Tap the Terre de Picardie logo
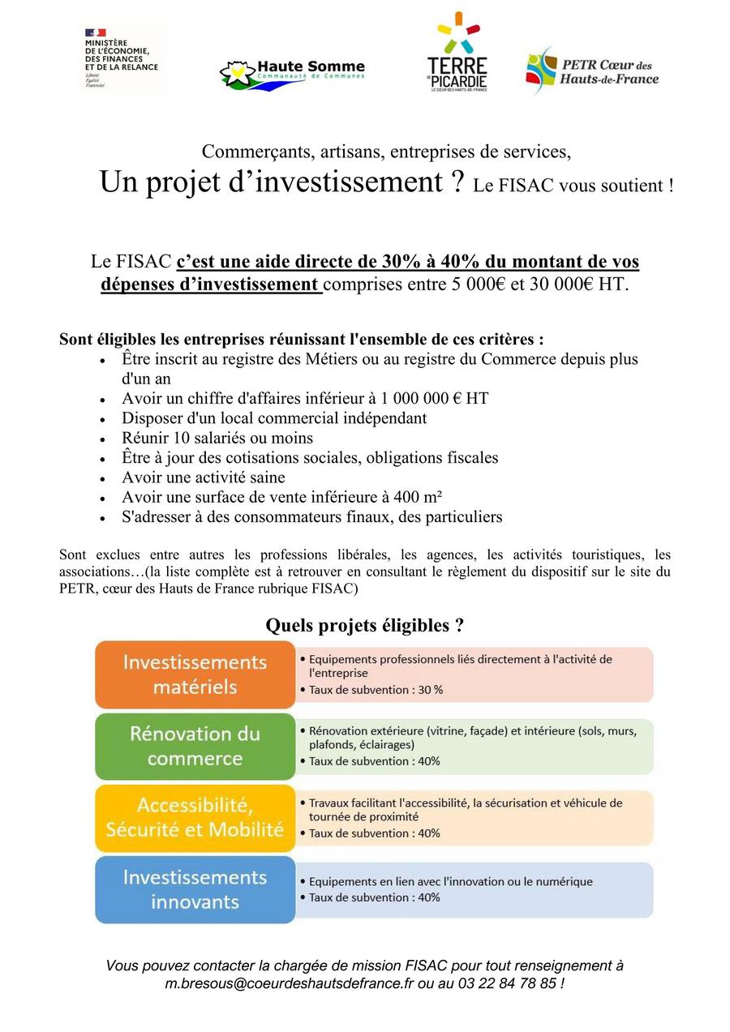457,54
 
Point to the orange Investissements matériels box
195,674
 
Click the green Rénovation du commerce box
195,746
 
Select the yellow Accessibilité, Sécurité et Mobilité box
195,817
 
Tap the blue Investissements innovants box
195,889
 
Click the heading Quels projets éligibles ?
365,626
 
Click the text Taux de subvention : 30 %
376,690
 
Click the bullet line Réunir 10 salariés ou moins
217,438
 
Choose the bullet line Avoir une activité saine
204,477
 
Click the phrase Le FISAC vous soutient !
573,186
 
